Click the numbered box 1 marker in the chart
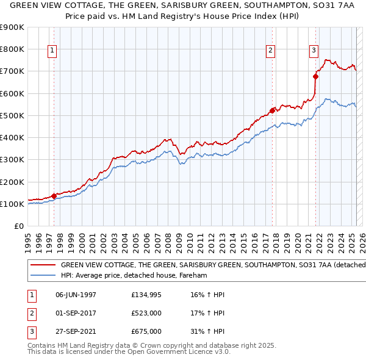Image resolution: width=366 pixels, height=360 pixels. click(x=52, y=51)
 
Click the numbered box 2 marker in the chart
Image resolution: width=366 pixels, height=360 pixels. click(x=270, y=51)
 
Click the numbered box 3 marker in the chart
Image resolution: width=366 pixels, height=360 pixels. click(x=314, y=51)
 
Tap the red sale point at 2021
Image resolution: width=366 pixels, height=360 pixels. click(x=316, y=77)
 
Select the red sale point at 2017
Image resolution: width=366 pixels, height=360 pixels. click(x=273, y=110)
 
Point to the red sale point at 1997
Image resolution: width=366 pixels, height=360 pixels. click(x=54, y=196)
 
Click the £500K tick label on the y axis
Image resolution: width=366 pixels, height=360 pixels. click(x=12, y=115)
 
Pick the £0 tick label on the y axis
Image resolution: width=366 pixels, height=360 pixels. click(x=20, y=226)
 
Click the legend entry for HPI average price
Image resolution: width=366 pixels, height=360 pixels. click(x=134, y=276)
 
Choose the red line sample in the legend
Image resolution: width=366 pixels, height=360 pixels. click(x=43, y=265)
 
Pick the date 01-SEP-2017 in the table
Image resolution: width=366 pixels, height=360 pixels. click(x=76, y=314)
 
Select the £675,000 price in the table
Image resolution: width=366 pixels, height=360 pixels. click(x=146, y=332)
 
